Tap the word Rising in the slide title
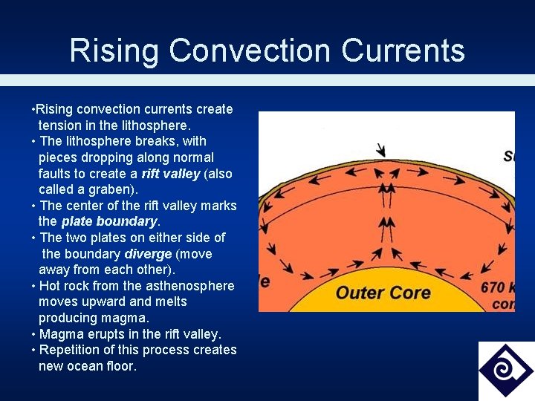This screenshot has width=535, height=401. click(114, 51)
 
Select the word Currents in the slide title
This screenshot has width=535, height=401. click(403, 51)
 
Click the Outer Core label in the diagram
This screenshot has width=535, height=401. click(383, 291)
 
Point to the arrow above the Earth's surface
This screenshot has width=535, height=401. click(382, 149)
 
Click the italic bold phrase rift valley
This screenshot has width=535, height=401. click(170, 174)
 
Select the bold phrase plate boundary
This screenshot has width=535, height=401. click(109, 221)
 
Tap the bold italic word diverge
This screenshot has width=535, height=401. click(148, 254)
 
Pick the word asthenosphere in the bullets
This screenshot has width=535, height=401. click(192, 286)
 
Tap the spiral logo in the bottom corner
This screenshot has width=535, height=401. click(506, 371)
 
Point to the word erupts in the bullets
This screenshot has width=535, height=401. click(100, 334)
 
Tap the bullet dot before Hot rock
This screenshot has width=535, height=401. click(33, 286)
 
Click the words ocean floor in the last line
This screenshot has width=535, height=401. click(103, 366)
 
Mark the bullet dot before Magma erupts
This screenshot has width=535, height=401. click(33, 334)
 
